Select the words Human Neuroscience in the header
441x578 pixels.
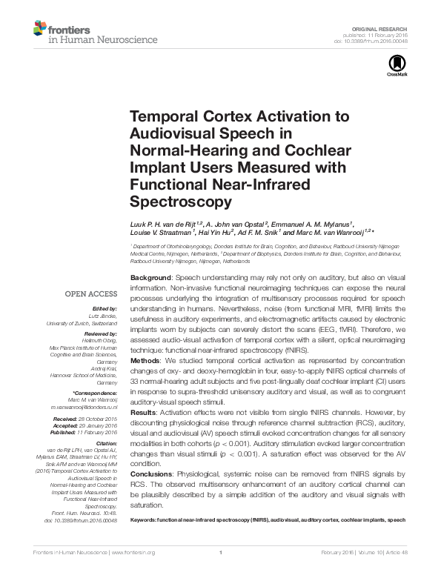pyautogui.click(x=90, y=42)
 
